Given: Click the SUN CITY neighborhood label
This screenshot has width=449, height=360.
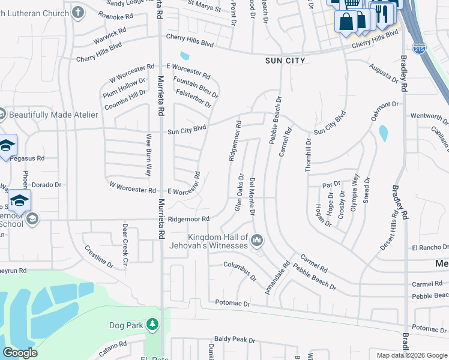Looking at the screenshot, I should pyautogui.click(x=286, y=61).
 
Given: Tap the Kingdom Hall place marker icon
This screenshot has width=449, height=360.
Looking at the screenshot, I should pyautogui.click(x=258, y=241).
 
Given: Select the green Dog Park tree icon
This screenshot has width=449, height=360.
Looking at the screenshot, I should pyautogui.click(x=152, y=325).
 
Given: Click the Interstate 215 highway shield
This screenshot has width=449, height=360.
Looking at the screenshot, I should pyautogui.click(x=419, y=49).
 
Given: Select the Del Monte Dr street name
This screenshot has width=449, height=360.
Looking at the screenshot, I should pyautogui.click(x=252, y=197).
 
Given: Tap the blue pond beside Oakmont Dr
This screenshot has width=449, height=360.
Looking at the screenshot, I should pyautogui.click(x=383, y=133).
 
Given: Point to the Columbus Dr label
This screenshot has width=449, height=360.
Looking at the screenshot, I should pyautogui.click(x=240, y=271).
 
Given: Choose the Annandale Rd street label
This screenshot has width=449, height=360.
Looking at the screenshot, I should pyautogui.click(x=278, y=277).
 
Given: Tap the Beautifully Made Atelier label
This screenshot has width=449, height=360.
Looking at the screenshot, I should pyautogui.click(x=53, y=115).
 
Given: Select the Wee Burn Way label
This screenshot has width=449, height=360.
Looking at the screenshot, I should pyautogui.click(x=148, y=155).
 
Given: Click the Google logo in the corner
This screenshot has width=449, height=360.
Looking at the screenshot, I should pyautogui.click(x=20, y=353).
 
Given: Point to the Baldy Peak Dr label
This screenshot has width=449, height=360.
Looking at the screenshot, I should pyautogui.click(x=235, y=339).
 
